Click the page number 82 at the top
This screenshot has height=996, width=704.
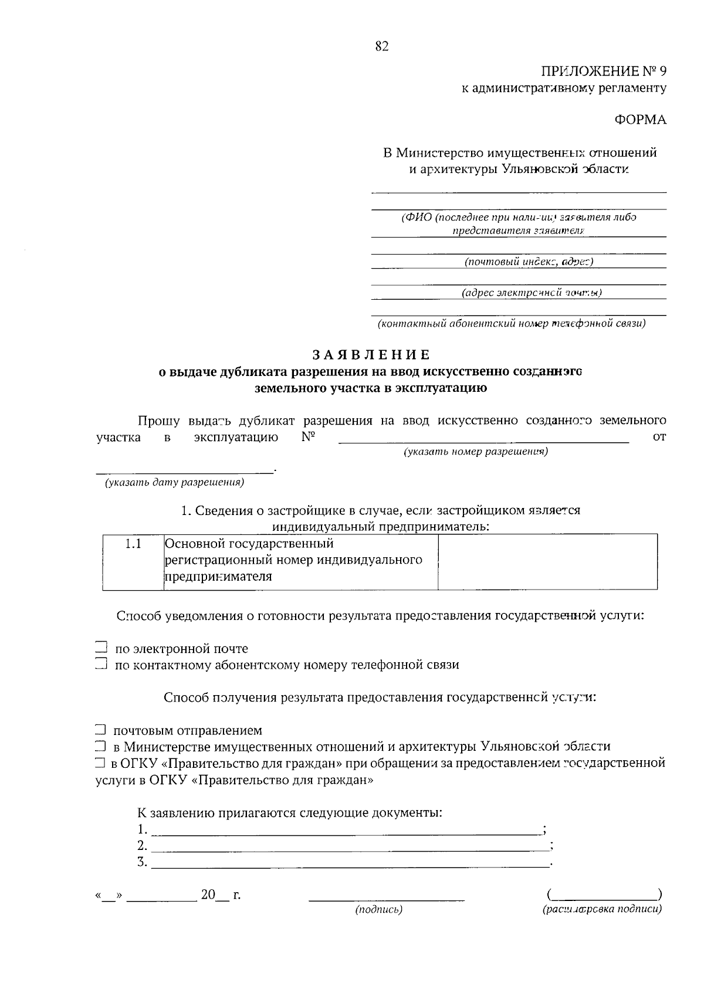point(382,46)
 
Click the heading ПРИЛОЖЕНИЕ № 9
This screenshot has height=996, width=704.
point(604,72)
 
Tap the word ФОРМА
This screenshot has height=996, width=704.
point(641,120)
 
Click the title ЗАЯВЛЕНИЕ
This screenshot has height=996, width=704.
point(371,355)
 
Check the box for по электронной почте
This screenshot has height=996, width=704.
point(101,648)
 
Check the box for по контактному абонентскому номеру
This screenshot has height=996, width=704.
point(101,664)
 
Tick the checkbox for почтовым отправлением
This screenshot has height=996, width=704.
point(100,730)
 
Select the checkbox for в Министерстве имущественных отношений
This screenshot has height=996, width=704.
point(100,746)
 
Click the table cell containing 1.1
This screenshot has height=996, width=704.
point(133,544)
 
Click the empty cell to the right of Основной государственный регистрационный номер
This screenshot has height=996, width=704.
point(547,561)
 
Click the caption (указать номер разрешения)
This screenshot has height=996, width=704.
point(476,452)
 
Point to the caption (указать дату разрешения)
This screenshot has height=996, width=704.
point(174,483)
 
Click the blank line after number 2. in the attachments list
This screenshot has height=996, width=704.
point(350,846)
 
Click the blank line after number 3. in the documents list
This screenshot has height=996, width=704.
point(350,863)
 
